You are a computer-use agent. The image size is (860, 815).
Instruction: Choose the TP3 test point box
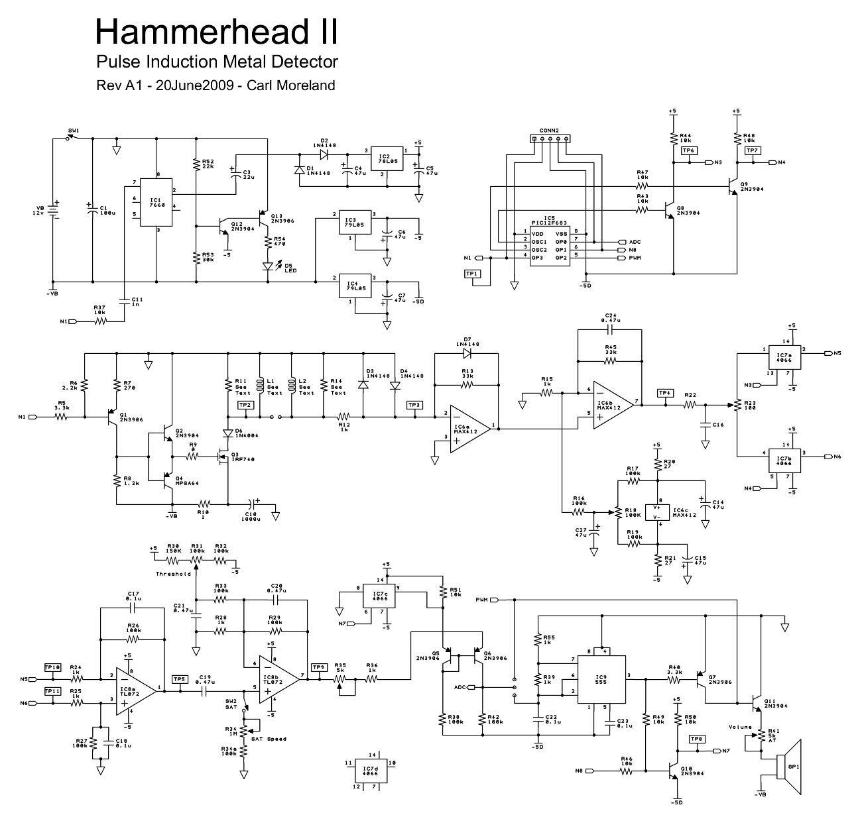[x=414, y=404]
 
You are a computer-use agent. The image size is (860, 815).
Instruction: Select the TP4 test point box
[x=665, y=393]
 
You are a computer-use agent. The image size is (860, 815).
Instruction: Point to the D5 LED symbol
[x=268, y=266]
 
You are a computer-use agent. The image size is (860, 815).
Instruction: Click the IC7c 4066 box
[x=380, y=596]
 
